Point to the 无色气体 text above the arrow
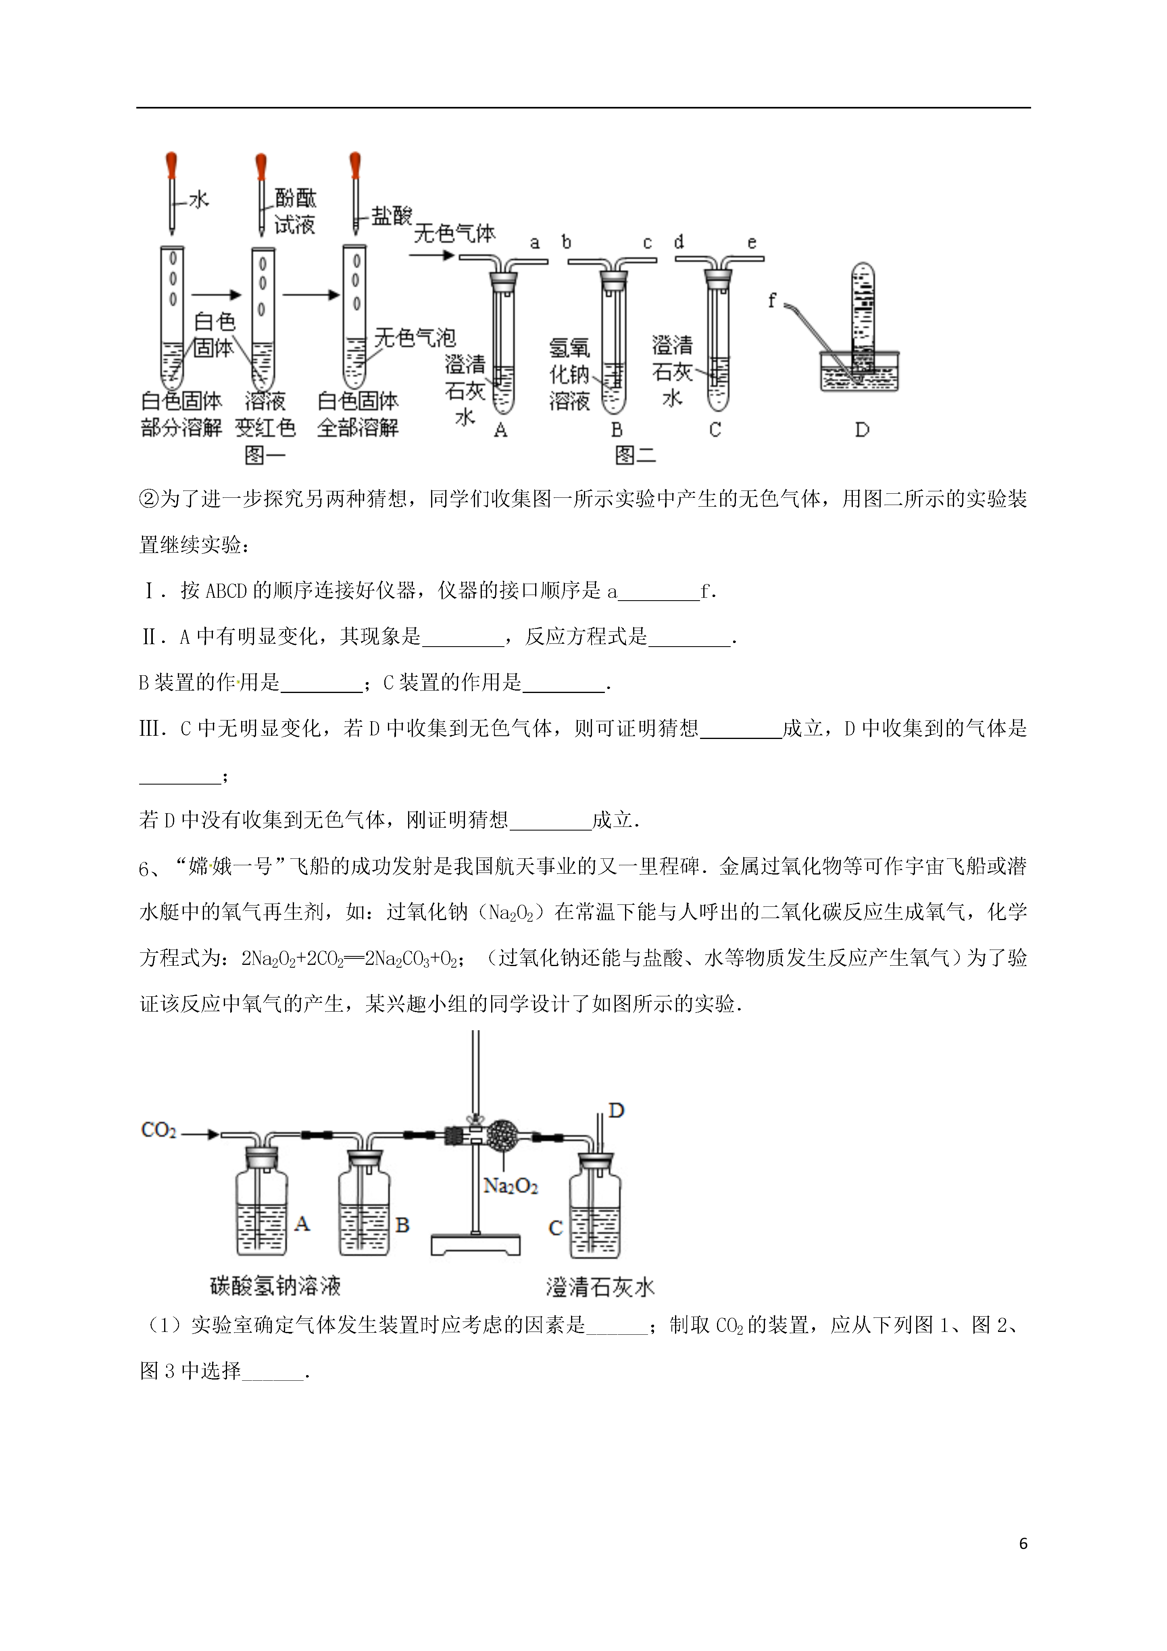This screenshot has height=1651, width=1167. tap(454, 233)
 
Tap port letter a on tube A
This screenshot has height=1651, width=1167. tap(534, 243)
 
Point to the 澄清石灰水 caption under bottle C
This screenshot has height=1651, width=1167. tap(600, 1286)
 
